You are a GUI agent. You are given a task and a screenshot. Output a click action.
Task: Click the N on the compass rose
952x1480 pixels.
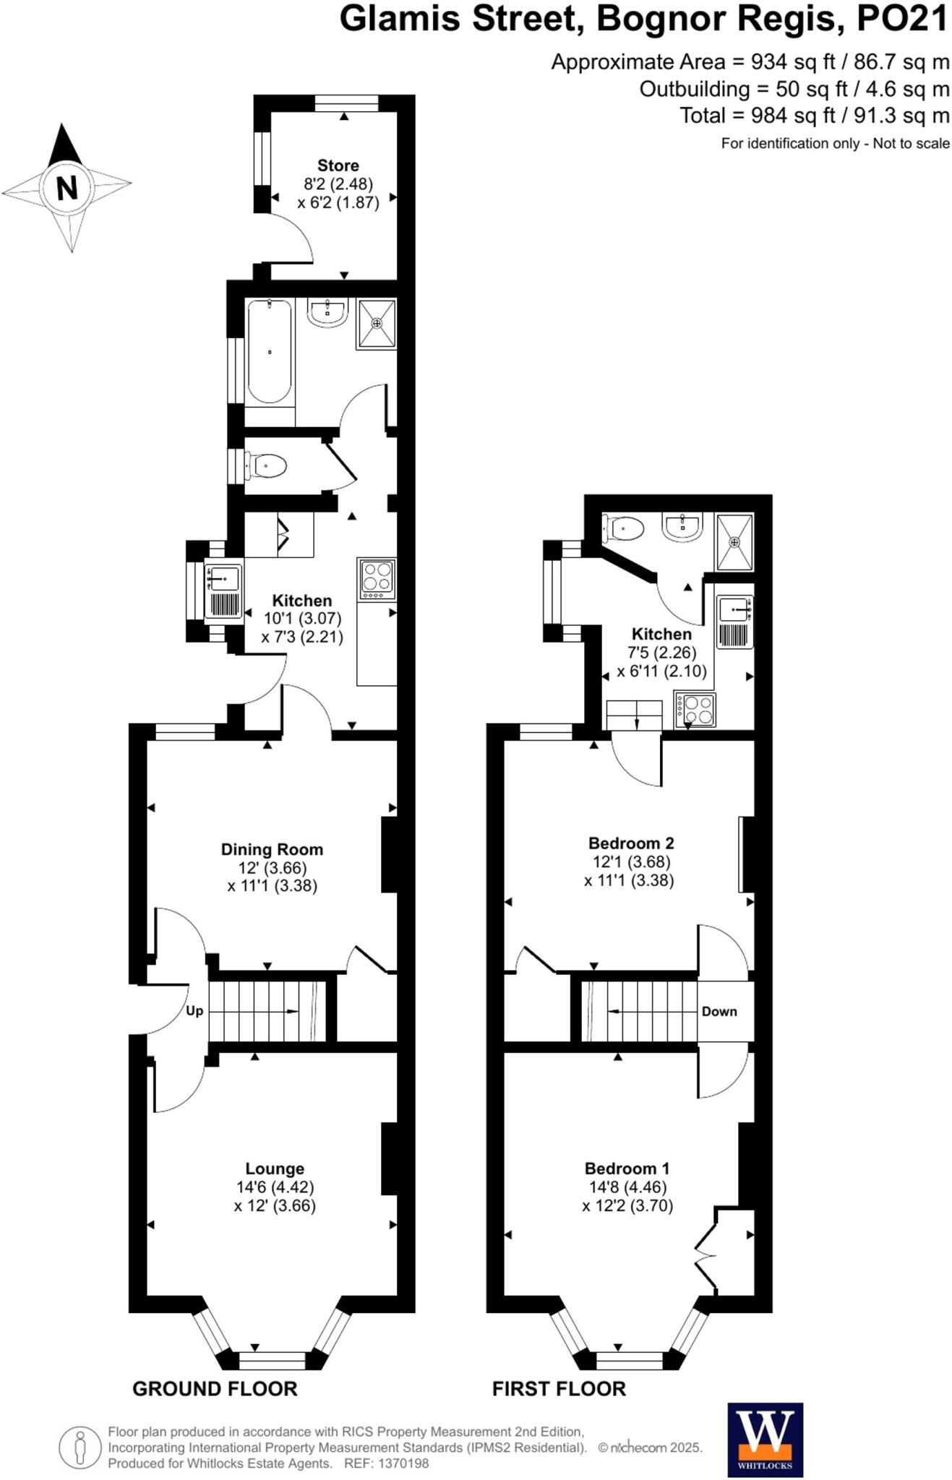click(67, 188)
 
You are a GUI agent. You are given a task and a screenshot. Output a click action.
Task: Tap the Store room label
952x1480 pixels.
click(338, 165)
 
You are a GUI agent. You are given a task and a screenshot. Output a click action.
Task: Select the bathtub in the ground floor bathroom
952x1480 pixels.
click(270, 351)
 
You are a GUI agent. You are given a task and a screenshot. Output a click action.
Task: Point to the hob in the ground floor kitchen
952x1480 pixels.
click(377, 578)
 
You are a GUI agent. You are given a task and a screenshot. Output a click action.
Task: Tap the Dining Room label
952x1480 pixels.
click(272, 849)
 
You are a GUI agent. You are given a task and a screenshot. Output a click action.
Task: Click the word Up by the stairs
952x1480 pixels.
click(194, 1010)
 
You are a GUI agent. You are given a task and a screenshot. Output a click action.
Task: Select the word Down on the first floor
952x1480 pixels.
click(719, 1011)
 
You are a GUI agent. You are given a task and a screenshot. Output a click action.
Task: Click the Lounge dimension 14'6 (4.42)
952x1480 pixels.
click(275, 1187)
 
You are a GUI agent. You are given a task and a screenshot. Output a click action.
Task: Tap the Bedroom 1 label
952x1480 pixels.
click(627, 1168)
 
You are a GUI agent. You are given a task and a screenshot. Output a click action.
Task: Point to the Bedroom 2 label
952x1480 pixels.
click(630, 843)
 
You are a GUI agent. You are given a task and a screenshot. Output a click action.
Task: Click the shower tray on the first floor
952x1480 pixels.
click(734, 541)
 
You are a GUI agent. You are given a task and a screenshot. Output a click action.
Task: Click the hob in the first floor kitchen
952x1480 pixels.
click(695, 709)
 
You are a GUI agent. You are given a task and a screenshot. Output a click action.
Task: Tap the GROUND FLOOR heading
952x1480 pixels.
click(215, 1388)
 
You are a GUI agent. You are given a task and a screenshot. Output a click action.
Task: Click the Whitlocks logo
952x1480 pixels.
click(765, 1440)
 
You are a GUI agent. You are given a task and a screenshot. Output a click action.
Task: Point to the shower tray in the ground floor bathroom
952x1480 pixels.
click(376, 324)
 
